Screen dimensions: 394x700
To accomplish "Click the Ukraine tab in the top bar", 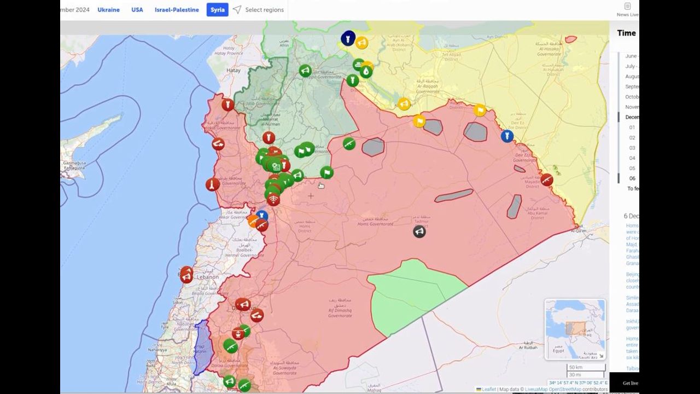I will tap(108, 10).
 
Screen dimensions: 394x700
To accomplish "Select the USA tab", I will tap(137, 10).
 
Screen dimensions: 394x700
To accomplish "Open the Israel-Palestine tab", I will tap(177, 10).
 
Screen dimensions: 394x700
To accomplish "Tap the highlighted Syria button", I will tap(218, 10).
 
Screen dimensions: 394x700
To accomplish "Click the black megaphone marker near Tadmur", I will tap(419, 231).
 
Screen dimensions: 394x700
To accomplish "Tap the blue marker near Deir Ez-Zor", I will tap(507, 136).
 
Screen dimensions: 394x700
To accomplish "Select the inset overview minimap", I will tap(575, 329).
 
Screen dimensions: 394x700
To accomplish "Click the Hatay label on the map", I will tap(234, 70).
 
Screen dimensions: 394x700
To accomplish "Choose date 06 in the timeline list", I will tap(632, 178).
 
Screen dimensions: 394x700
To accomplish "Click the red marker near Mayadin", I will tap(546, 179).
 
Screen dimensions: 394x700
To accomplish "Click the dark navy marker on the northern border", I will tap(348, 38).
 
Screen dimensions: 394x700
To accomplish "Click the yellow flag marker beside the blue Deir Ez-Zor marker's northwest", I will tap(480, 110).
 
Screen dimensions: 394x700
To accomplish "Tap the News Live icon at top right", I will tap(627, 9).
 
